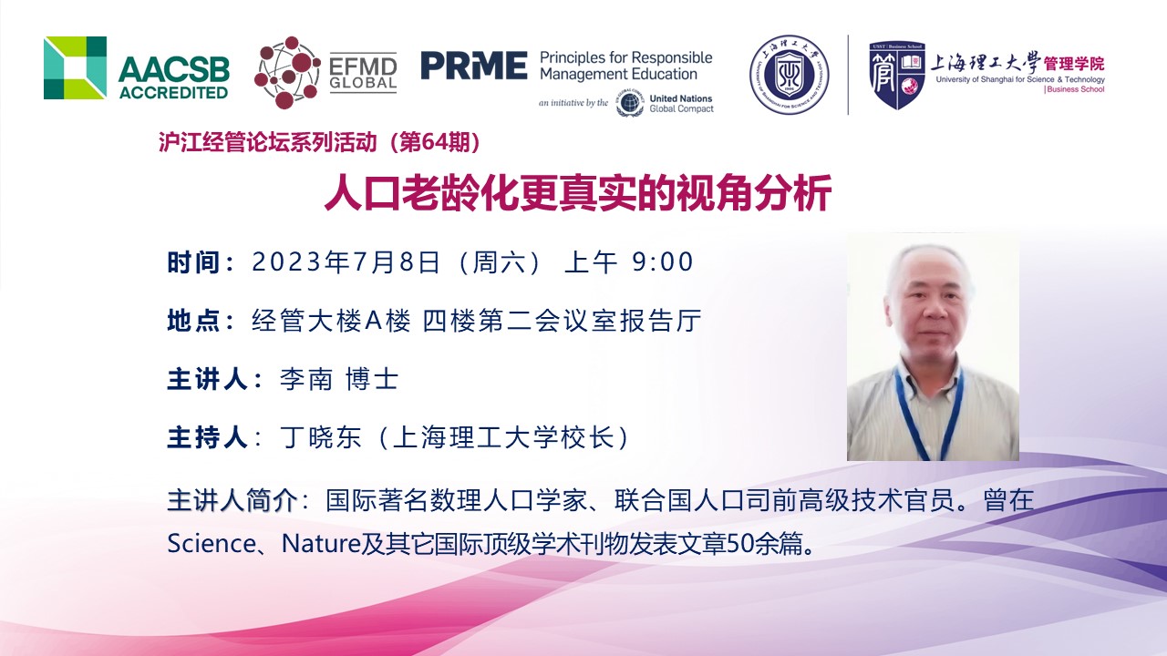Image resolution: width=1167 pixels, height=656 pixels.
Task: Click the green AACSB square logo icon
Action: click(75, 67)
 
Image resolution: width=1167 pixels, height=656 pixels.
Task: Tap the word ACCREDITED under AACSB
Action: click(173, 93)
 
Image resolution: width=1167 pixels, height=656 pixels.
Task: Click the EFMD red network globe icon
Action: click(287, 72)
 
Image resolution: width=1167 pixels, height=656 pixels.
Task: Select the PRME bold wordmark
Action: click(474, 66)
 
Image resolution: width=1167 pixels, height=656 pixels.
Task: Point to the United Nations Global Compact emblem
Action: click(630, 103)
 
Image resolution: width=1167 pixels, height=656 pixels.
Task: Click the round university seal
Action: click(790, 75)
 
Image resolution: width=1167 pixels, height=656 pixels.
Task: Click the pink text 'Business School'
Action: click(1075, 89)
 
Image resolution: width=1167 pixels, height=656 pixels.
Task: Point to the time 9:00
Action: click(663, 261)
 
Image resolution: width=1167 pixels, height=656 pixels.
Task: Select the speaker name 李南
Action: click(306, 379)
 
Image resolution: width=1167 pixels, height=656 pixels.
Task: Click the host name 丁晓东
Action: click(320, 437)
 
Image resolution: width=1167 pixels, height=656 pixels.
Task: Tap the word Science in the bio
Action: click(211, 544)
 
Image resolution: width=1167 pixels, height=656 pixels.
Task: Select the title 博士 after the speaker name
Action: click(372, 379)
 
